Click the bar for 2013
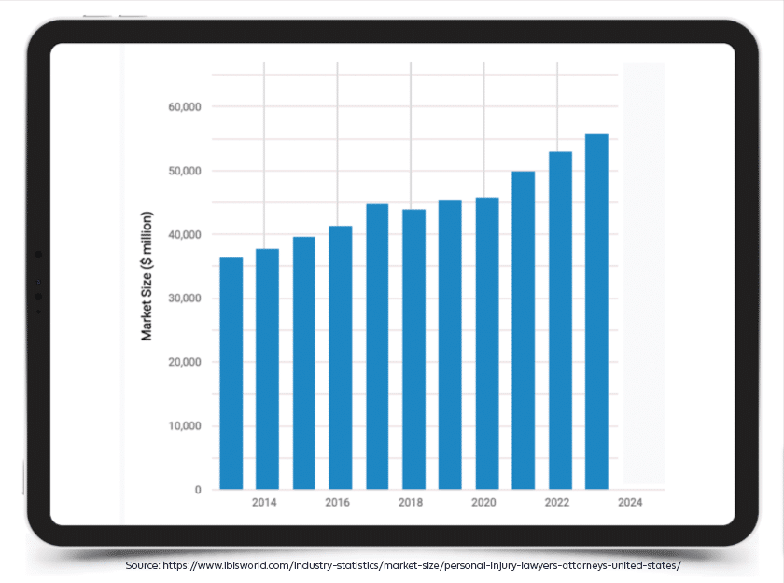click(231, 373)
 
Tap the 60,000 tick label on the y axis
click(185, 107)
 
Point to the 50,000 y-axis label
click(185, 171)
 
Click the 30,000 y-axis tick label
click(185, 298)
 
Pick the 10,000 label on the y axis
click(185, 426)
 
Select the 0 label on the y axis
click(198, 490)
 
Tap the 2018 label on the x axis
click(411, 503)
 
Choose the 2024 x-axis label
click(630, 503)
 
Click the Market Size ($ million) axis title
click(147, 282)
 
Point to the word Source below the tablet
click(142, 566)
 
